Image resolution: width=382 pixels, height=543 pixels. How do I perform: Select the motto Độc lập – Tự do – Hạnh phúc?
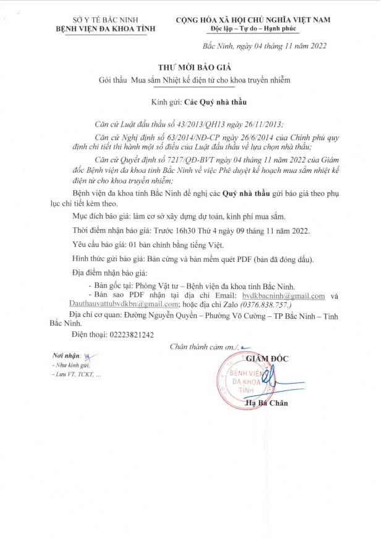(x=253, y=30)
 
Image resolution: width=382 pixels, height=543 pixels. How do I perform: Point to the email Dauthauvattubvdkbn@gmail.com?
(x=118, y=305)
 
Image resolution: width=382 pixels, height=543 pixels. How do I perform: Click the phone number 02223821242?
(x=130, y=334)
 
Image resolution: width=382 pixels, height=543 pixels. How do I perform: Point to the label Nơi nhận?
(x=64, y=357)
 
